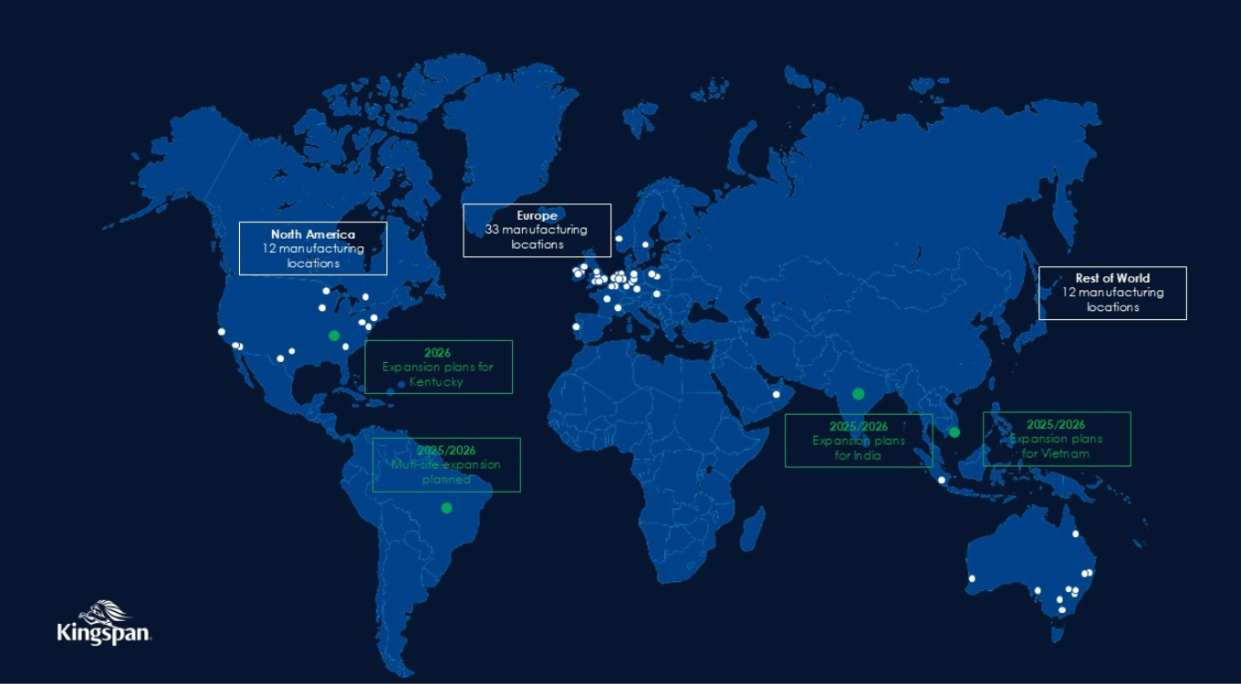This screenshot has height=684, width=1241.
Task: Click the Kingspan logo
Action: pyautogui.click(x=103, y=623)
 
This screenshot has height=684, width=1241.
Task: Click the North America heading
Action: pyautogui.click(x=313, y=234)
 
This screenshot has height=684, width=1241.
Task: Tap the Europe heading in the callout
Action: pyautogui.click(x=537, y=216)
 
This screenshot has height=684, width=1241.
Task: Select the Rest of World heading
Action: pyautogui.click(x=1112, y=278)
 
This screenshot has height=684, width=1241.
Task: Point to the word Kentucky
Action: pyautogui.click(x=437, y=381)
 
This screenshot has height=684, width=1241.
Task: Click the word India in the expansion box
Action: pyautogui.click(x=868, y=455)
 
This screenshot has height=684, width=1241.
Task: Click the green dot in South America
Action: pyautogui.click(x=446, y=508)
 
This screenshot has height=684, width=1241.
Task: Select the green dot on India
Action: pyautogui.click(x=858, y=394)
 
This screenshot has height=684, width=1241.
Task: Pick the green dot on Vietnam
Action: pyautogui.click(x=954, y=432)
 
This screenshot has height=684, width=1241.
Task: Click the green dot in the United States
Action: pyautogui.click(x=334, y=336)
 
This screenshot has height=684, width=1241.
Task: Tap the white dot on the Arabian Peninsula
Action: pyautogui.click(x=777, y=394)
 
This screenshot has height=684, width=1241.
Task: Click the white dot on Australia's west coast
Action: pyautogui.click(x=972, y=578)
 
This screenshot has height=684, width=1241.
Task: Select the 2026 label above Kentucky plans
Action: pyautogui.click(x=438, y=352)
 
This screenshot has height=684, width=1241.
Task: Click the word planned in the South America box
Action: pyautogui.click(x=446, y=479)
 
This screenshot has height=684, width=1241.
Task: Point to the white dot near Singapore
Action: pyautogui.click(x=942, y=480)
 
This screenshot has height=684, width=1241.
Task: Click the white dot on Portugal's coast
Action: pyautogui.click(x=576, y=326)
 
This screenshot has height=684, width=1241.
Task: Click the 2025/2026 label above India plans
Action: pyautogui.click(x=858, y=426)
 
